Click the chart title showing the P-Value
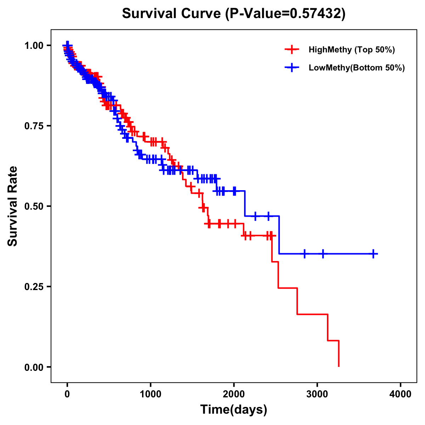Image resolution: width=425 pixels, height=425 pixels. [233, 13]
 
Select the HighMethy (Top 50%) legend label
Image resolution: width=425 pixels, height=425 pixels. [352, 50]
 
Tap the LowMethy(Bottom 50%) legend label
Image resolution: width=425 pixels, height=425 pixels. [357, 68]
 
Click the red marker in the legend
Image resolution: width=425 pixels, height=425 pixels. [292, 50]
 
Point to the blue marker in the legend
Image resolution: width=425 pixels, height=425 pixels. [292, 68]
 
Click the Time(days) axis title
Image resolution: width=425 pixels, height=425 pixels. [234, 410]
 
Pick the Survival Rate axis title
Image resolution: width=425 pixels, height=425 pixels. [13, 206]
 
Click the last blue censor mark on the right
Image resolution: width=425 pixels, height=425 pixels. [373, 254]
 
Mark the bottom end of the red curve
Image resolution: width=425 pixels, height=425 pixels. [339, 366]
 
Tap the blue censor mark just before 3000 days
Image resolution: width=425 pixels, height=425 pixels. [305, 254]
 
